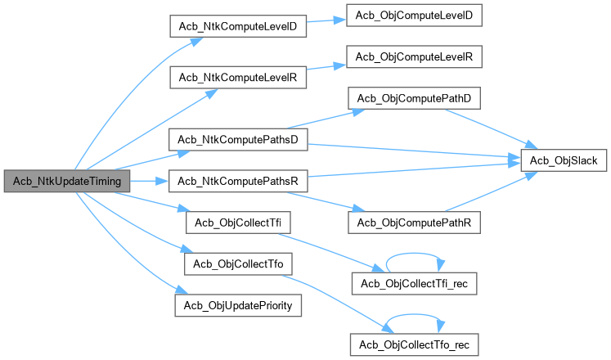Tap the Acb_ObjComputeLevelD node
[x=414, y=16]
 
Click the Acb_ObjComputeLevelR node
[x=414, y=56]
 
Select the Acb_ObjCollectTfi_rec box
[x=414, y=282]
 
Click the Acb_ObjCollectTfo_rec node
[x=414, y=344]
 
